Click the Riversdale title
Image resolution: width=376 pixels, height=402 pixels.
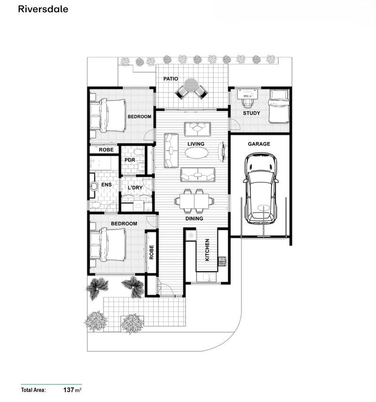pos(43,9)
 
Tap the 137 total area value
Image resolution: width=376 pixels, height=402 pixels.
pos(70,390)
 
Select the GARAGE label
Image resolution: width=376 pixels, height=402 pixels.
pos(259,144)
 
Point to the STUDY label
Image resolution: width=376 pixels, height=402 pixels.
pos(251,114)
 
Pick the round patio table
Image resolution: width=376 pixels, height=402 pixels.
pos(191,86)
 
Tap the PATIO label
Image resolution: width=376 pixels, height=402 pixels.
pos(170,79)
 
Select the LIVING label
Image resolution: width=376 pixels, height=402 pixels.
pos(195,143)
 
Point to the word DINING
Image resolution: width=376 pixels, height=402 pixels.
pos(194,218)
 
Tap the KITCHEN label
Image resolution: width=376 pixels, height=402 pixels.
pos(207,250)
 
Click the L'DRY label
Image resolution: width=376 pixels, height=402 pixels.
pos(135,188)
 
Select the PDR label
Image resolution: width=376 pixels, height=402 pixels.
pos(130,160)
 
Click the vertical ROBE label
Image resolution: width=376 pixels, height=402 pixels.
pos(151,252)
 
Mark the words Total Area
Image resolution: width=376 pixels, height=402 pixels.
pos(33,390)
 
